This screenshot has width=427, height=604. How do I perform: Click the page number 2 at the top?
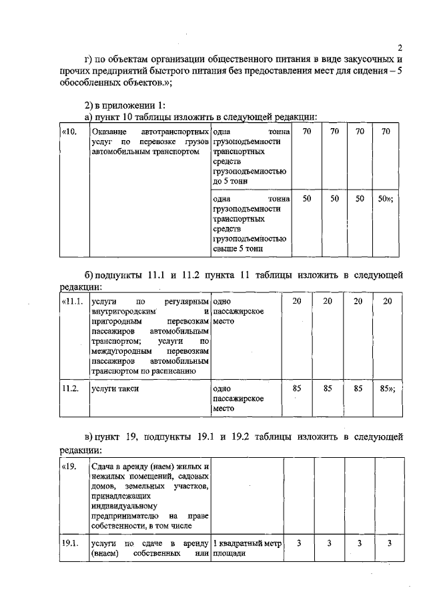(x=400, y=48)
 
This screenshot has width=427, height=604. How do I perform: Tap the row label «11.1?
(x=71, y=302)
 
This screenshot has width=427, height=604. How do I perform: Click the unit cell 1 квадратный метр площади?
(x=247, y=549)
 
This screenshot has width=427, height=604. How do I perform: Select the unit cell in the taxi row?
(x=238, y=398)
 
